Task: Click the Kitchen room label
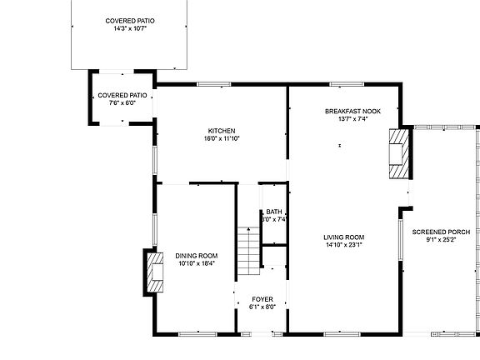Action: (222, 131)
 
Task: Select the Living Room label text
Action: (344, 237)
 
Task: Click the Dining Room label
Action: (197, 256)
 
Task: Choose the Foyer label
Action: (262, 298)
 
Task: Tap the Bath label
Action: (275, 212)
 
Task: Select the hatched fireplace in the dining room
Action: (155, 271)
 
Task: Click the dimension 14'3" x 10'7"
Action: (130, 28)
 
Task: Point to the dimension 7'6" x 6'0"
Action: (122, 103)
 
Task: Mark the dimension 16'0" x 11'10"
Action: (222, 138)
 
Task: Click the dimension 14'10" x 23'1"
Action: (344, 245)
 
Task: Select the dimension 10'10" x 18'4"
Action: (197, 263)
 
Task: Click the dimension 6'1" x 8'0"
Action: (262, 307)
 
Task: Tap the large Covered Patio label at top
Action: (130, 21)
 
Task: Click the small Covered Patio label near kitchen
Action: (122, 96)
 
